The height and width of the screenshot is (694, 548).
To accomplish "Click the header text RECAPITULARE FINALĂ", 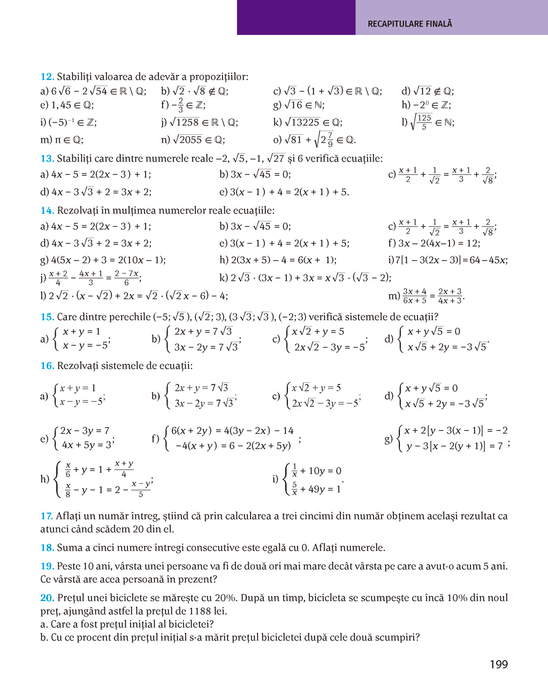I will [x=410, y=24].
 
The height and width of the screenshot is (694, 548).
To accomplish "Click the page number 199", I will [x=498, y=665].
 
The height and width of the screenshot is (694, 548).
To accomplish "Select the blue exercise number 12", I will [x=47, y=77].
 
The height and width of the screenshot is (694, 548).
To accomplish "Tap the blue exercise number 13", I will [x=47, y=159].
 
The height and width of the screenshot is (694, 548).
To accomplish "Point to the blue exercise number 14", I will [x=47, y=211].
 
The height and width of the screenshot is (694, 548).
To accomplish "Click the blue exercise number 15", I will [x=47, y=317].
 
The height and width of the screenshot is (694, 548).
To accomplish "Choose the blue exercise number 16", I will [x=47, y=366].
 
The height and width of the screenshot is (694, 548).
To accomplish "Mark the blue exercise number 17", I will [x=47, y=516].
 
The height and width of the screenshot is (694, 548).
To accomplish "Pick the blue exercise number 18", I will [x=47, y=548].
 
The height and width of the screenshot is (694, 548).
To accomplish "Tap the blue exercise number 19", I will [x=47, y=567].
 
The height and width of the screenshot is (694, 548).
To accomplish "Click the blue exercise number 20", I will [x=47, y=598].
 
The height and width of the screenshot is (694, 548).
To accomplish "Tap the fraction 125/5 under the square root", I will [x=424, y=122].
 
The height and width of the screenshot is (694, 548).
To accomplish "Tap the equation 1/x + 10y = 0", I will [x=316, y=471].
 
